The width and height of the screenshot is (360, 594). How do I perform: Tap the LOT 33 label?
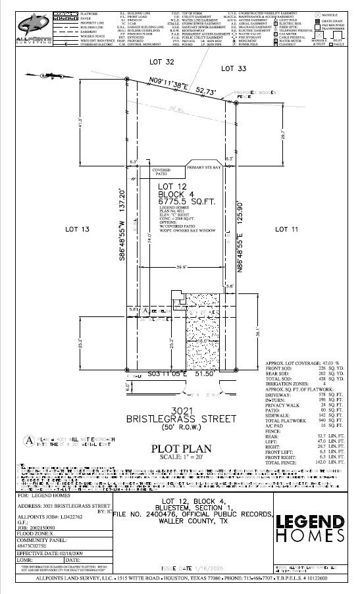tap(234, 68)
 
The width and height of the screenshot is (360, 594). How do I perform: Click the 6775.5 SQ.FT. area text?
tap(180, 203)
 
